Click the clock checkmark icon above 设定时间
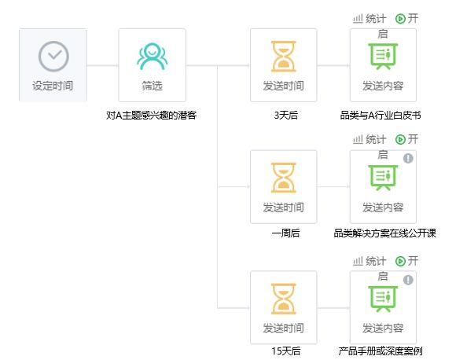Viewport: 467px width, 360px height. (x=53, y=57)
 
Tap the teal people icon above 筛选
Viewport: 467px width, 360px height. (x=153, y=57)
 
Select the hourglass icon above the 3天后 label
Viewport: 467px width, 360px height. (x=284, y=57)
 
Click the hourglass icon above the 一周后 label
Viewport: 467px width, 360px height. (x=284, y=178)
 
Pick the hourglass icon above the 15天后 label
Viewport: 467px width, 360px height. (x=284, y=299)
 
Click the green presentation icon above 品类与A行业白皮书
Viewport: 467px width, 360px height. (x=383, y=57)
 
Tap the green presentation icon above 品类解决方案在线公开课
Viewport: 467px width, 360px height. (x=383, y=178)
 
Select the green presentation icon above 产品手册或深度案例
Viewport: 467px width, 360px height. (x=383, y=299)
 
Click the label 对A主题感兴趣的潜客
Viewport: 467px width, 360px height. (x=151, y=116)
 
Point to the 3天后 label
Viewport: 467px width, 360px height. (x=286, y=116)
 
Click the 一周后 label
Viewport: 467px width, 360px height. (x=285, y=233)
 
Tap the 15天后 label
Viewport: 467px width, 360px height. (x=285, y=351)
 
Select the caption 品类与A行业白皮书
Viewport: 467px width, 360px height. (x=381, y=116)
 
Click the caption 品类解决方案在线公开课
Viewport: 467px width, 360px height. (x=384, y=233)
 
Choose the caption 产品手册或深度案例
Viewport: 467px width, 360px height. (x=381, y=351)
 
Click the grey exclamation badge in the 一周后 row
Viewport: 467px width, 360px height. (x=408, y=158)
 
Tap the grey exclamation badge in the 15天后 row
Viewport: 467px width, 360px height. (x=408, y=280)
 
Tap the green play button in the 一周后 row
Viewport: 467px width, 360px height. (x=400, y=139)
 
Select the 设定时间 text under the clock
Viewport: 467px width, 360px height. (x=53, y=86)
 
